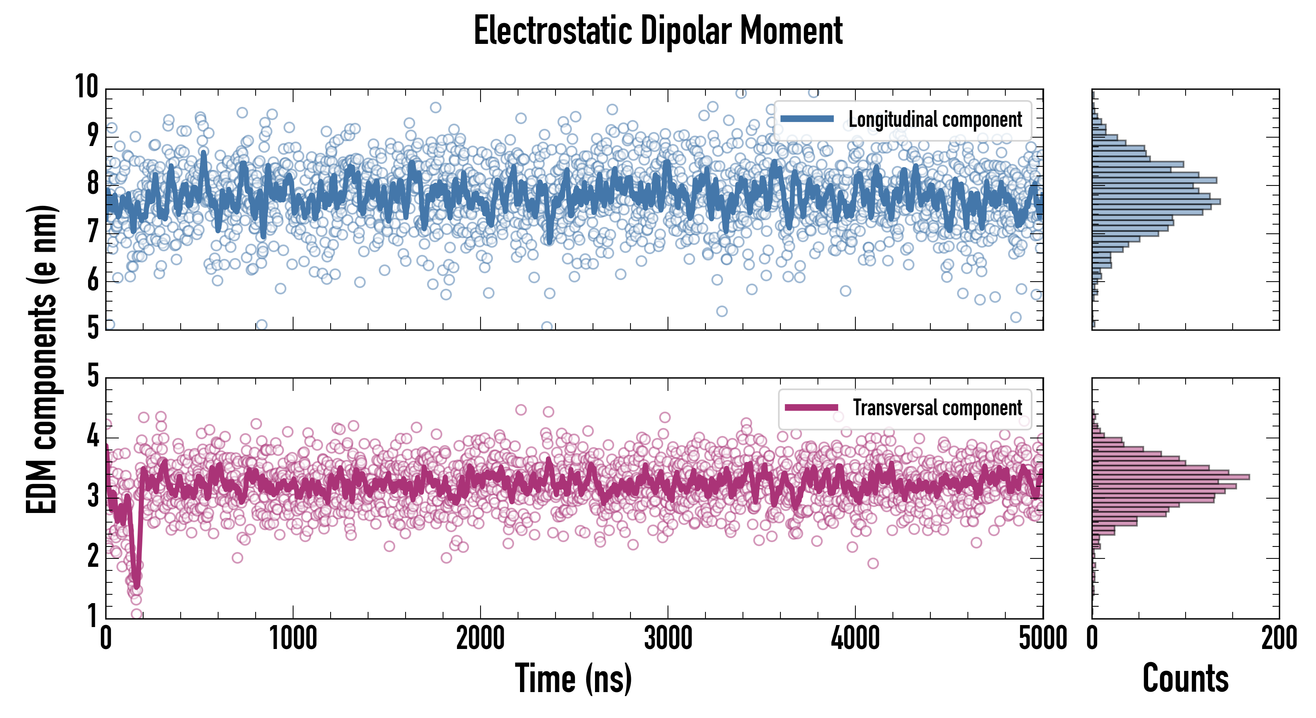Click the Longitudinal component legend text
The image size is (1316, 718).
[935, 120]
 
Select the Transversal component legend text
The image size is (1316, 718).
[938, 408]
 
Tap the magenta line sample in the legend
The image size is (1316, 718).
[811, 407]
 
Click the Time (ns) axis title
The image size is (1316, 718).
[573, 678]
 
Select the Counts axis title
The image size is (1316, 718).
[1185, 678]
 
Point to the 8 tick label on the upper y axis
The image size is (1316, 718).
[93, 182]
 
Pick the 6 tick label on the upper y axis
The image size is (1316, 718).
[93, 279]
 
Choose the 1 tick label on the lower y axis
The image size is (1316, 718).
[93, 615]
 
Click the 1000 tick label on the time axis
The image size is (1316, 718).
[293, 638]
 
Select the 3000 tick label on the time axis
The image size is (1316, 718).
[668, 638]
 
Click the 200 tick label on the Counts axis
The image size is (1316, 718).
[1279, 638]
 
